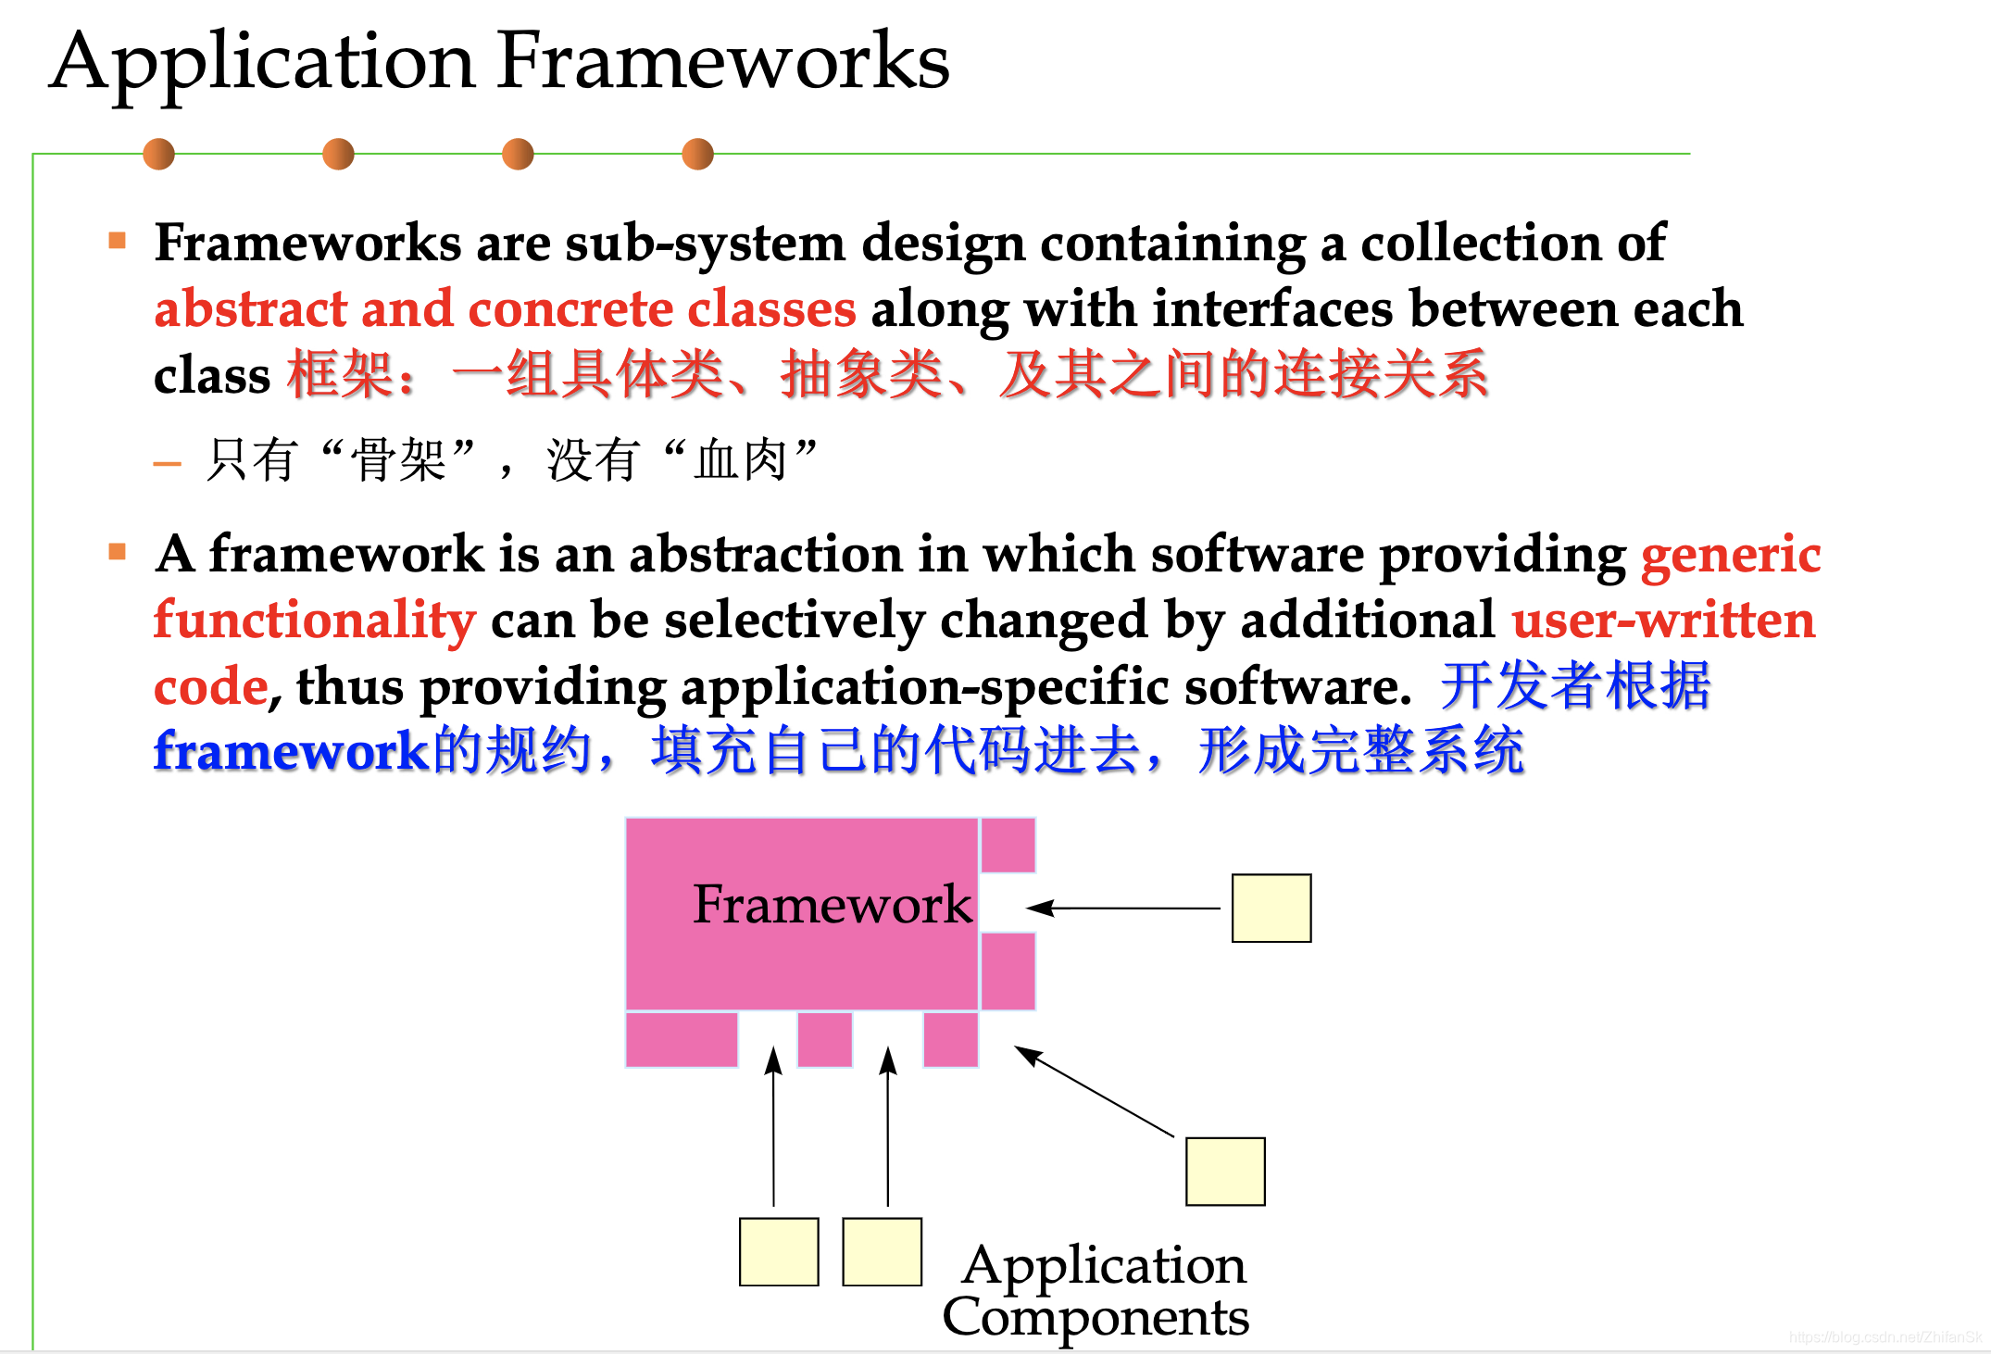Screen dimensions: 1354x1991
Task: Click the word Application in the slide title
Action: [x=263, y=63]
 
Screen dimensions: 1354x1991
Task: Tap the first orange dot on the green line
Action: [x=158, y=154]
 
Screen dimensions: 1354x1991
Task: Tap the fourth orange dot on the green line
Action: [x=697, y=154]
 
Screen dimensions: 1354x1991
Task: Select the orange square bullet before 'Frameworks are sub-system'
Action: [x=117, y=242]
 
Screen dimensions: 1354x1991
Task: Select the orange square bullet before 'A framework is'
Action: [x=117, y=553]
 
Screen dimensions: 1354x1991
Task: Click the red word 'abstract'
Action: [x=250, y=308]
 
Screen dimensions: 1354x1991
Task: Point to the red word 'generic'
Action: [x=1730, y=555]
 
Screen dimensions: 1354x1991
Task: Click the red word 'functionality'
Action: [x=315, y=621]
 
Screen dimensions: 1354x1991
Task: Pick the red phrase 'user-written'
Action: [x=1663, y=621]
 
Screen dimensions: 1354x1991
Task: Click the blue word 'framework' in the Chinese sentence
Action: [x=289, y=751]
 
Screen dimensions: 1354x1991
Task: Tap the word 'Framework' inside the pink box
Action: [x=832, y=905]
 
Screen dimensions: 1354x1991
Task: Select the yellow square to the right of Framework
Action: [x=1271, y=909]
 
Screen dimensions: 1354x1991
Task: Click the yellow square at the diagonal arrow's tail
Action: [x=1224, y=1172]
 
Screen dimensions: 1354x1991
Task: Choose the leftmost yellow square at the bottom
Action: [x=778, y=1252]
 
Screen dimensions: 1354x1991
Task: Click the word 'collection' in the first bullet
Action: [x=1481, y=244]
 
